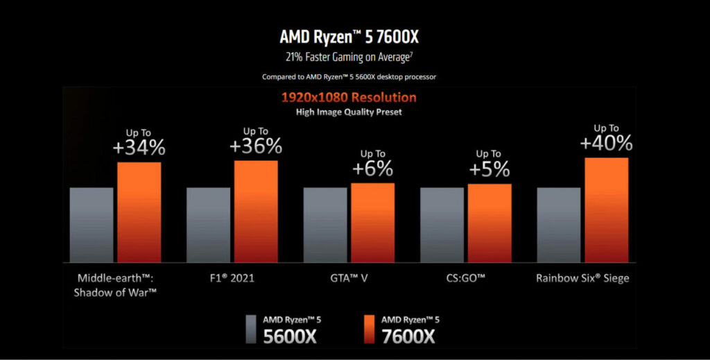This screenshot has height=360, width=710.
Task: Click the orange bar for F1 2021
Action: (256, 211)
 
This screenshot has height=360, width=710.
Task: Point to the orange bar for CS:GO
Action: (490, 223)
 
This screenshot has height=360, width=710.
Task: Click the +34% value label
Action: (139, 148)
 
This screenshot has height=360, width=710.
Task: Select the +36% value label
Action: (256, 146)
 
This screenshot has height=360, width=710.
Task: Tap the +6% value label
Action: (372, 169)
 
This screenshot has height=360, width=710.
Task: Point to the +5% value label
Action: (490, 169)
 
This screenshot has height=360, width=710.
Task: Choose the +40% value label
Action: (606, 143)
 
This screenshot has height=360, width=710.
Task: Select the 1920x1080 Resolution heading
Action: (349, 98)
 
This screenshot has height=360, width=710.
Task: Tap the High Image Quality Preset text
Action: (349, 112)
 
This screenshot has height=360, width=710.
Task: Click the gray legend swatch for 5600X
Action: (252, 328)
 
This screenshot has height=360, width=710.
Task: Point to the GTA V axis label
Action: (349, 278)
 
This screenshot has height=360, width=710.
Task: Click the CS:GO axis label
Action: (466, 278)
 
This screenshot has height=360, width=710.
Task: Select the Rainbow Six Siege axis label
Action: (582, 278)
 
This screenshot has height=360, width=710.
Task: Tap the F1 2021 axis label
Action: (232, 278)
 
